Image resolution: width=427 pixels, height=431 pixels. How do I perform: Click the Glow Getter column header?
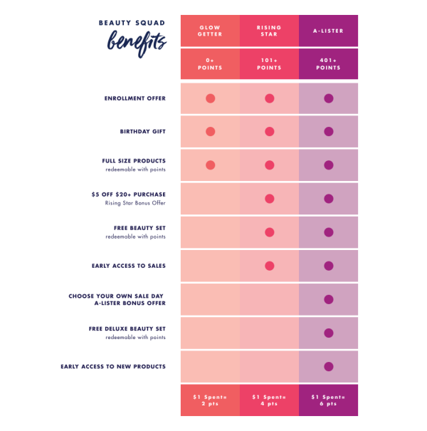pos(210,31)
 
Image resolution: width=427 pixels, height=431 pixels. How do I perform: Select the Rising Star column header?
pos(269,31)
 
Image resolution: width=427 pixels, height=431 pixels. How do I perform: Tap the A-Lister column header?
pos(328,31)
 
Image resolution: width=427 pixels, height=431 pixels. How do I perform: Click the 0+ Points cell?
pos(210,64)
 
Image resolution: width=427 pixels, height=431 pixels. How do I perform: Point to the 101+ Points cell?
pos(269,64)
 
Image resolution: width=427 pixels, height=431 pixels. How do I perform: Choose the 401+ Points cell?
pos(328,64)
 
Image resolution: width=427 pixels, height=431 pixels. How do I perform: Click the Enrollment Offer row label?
pos(135,98)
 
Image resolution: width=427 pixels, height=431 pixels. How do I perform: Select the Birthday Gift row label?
pos(142,132)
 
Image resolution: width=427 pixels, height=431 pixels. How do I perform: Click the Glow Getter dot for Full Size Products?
pos(210,165)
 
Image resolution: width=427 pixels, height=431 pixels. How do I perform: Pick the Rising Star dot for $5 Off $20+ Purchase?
pos(269,199)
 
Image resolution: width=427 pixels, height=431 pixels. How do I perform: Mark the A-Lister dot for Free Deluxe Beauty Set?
pos(328,333)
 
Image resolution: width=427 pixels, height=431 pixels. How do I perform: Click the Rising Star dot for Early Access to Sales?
pos(269,266)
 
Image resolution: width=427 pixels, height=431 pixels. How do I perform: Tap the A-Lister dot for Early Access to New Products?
pos(328,366)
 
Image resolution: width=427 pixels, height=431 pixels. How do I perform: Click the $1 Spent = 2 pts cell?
pos(210,400)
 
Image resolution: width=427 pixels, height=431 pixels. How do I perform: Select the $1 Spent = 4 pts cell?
pos(269,400)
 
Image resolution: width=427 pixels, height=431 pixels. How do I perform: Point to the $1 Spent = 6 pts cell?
pos(328,400)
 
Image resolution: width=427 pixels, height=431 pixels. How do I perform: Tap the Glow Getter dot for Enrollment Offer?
pos(210,98)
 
